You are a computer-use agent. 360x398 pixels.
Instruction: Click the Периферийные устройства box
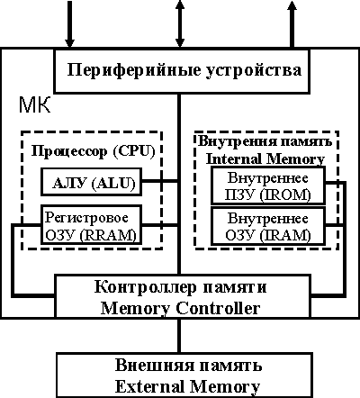pos(179,69)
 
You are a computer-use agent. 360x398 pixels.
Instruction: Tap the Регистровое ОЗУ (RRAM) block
pos(87,225)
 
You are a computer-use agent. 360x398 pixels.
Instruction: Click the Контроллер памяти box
pos(179,297)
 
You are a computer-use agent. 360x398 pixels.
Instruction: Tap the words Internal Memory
pos(267,158)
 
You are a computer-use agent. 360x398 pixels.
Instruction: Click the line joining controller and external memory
pos(179,335)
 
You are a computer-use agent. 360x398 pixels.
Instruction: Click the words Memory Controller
pos(179,307)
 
